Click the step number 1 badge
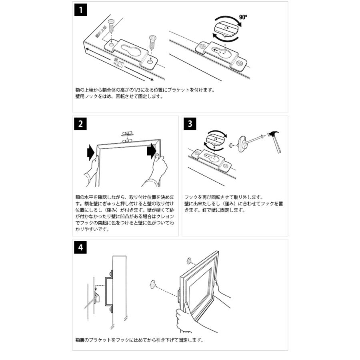pos(81,10)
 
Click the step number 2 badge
pos(80,124)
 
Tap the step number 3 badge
pos(190,124)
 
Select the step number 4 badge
pos(80,248)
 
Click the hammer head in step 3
pos(276,136)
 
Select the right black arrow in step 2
pos(151,151)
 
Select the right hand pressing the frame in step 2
pos(159,168)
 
